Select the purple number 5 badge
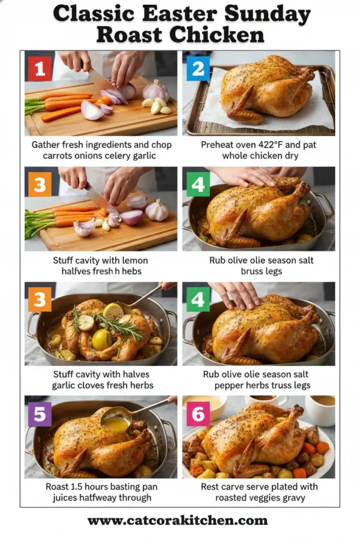click(x=40, y=415)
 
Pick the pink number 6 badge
click(x=198, y=415)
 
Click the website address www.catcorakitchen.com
click(x=179, y=521)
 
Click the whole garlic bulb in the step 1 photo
click(x=156, y=91)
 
